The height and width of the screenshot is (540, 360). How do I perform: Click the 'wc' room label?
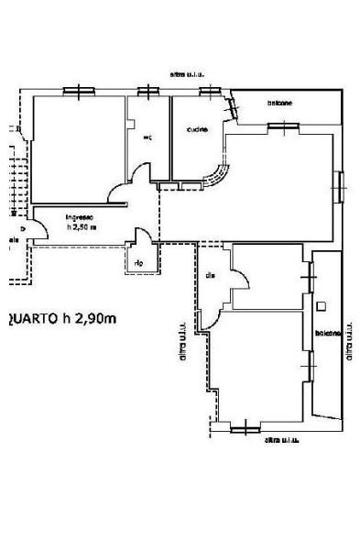147,138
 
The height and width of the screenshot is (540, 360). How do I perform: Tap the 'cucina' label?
197,129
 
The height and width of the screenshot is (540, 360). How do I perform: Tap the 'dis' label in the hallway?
210,275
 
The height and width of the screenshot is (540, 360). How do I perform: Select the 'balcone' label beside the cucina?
280,103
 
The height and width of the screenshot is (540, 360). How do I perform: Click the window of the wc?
147,91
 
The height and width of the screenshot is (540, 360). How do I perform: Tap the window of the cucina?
210,91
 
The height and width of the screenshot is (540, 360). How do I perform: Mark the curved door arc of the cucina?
220,172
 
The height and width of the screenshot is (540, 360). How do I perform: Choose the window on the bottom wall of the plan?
245,426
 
